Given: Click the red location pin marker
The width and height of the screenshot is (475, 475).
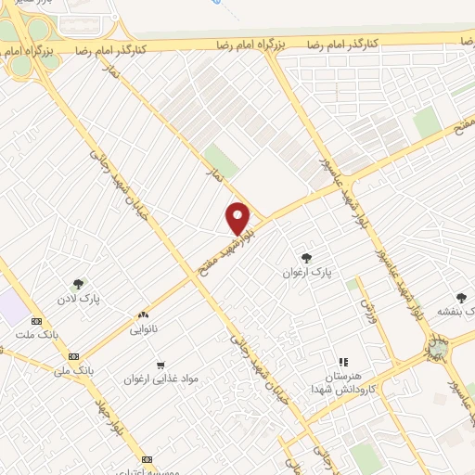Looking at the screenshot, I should [239, 219].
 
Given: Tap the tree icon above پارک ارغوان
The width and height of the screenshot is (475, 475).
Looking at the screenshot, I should [307, 258].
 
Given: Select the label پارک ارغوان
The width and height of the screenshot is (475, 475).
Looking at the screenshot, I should [307, 274].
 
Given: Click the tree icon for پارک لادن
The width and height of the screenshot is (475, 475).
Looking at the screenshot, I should [79, 285].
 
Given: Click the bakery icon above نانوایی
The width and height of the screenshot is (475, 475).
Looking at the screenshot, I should [143, 315].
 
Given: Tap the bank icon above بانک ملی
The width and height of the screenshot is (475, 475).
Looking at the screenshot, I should [73, 355].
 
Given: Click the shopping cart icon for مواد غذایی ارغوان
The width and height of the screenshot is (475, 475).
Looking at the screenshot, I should [161, 366].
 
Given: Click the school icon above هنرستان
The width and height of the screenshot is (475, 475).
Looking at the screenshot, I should [343, 362].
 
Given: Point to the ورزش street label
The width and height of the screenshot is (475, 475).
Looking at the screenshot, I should [367, 307].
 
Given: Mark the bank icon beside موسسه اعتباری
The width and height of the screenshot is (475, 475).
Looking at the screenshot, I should [147, 459].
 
